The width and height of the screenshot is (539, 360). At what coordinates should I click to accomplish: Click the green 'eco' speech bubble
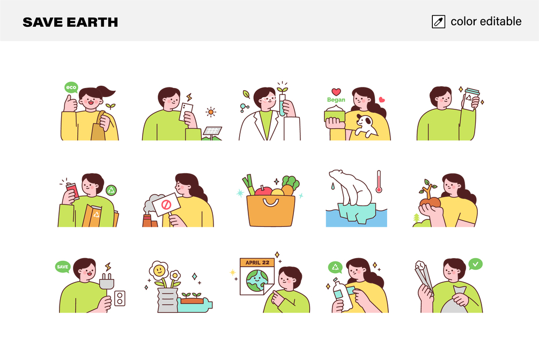click(x=71, y=87)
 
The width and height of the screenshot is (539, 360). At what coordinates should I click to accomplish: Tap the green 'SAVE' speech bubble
click(x=63, y=267)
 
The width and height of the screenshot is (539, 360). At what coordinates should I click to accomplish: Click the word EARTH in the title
click(x=92, y=23)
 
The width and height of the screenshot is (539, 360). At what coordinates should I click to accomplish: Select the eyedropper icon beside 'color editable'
click(x=438, y=21)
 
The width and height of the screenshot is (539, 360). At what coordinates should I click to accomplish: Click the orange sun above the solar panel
click(x=211, y=112)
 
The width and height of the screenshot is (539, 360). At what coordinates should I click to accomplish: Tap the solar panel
click(x=212, y=131)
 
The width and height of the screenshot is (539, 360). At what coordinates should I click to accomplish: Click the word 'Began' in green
click(x=336, y=100)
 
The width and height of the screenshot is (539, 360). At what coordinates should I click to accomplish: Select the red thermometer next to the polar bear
click(x=379, y=181)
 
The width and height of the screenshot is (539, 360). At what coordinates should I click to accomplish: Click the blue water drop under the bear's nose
click(x=333, y=186)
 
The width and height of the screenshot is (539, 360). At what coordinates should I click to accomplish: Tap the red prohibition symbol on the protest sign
click(x=166, y=205)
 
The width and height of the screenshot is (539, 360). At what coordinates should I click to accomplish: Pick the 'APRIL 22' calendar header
click(x=257, y=262)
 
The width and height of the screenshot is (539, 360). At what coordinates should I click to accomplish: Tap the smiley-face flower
click(x=159, y=270)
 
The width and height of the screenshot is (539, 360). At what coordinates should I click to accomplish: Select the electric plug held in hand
click(x=107, y=283)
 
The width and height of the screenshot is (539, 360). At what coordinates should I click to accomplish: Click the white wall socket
click(x=120, y=298)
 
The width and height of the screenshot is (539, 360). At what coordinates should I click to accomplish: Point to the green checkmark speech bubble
click(x=475, y=264)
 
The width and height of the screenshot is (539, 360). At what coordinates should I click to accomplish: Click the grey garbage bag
click(x=455, y=303)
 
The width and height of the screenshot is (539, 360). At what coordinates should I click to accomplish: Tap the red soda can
click(x=72, y=191)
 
